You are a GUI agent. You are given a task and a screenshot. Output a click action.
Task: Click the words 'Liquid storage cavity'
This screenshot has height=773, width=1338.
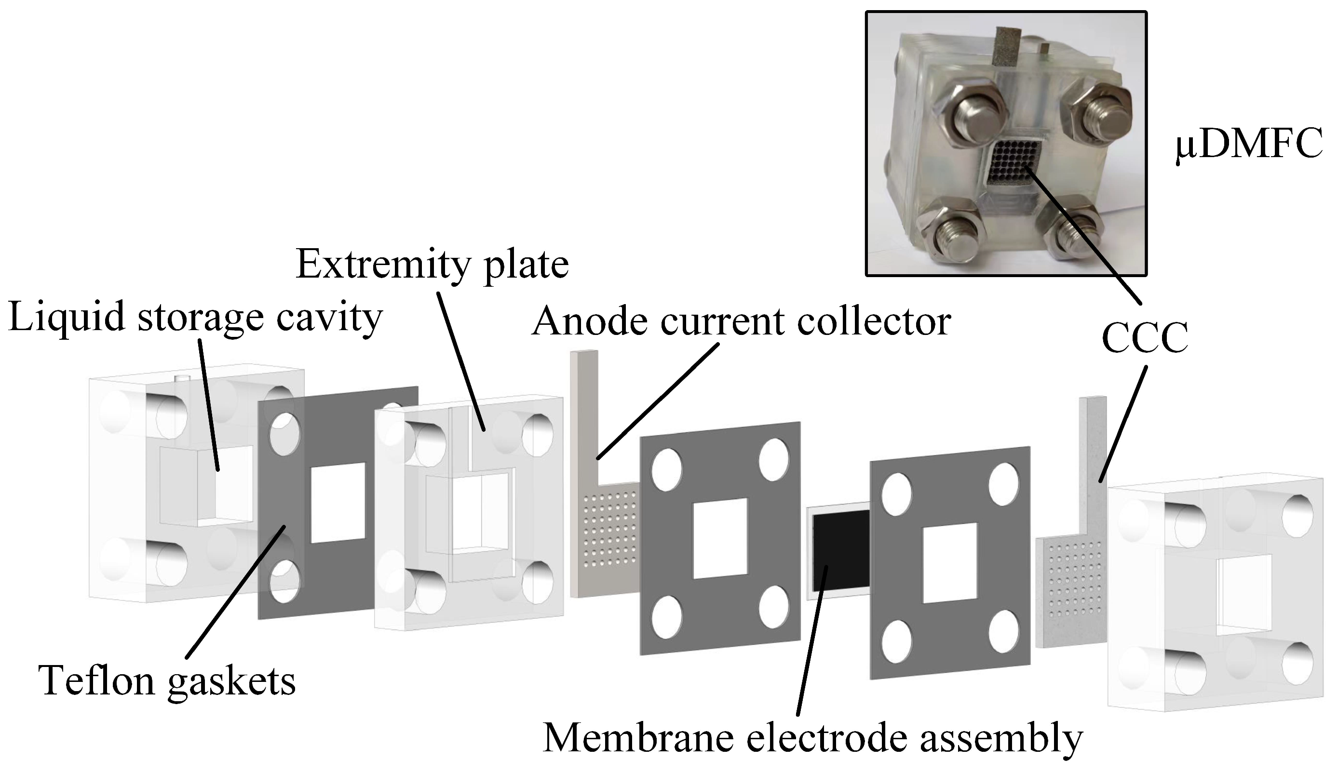(195, 317)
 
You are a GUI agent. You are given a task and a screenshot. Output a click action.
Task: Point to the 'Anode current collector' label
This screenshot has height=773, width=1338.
(741, 321)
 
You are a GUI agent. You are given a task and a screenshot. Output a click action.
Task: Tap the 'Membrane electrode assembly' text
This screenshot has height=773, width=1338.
(812, 738)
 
